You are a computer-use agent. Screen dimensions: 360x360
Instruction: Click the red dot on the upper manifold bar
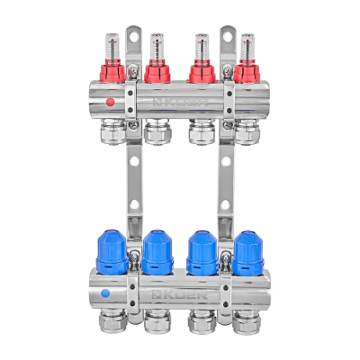point(110,102)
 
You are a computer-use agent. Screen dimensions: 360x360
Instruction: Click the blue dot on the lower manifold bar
point(106,293)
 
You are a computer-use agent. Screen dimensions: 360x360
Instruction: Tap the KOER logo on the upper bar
point(181,103)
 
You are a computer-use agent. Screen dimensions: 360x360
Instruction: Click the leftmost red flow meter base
point(111,71)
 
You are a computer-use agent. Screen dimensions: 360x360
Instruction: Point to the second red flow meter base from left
point(157,71)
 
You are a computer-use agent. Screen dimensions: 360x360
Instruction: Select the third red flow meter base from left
point(202,71)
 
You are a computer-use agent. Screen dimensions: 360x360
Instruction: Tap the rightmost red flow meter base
point(246,71)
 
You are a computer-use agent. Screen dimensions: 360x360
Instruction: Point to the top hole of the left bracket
point(133,36)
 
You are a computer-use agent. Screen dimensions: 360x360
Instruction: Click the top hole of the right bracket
point(227,36)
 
